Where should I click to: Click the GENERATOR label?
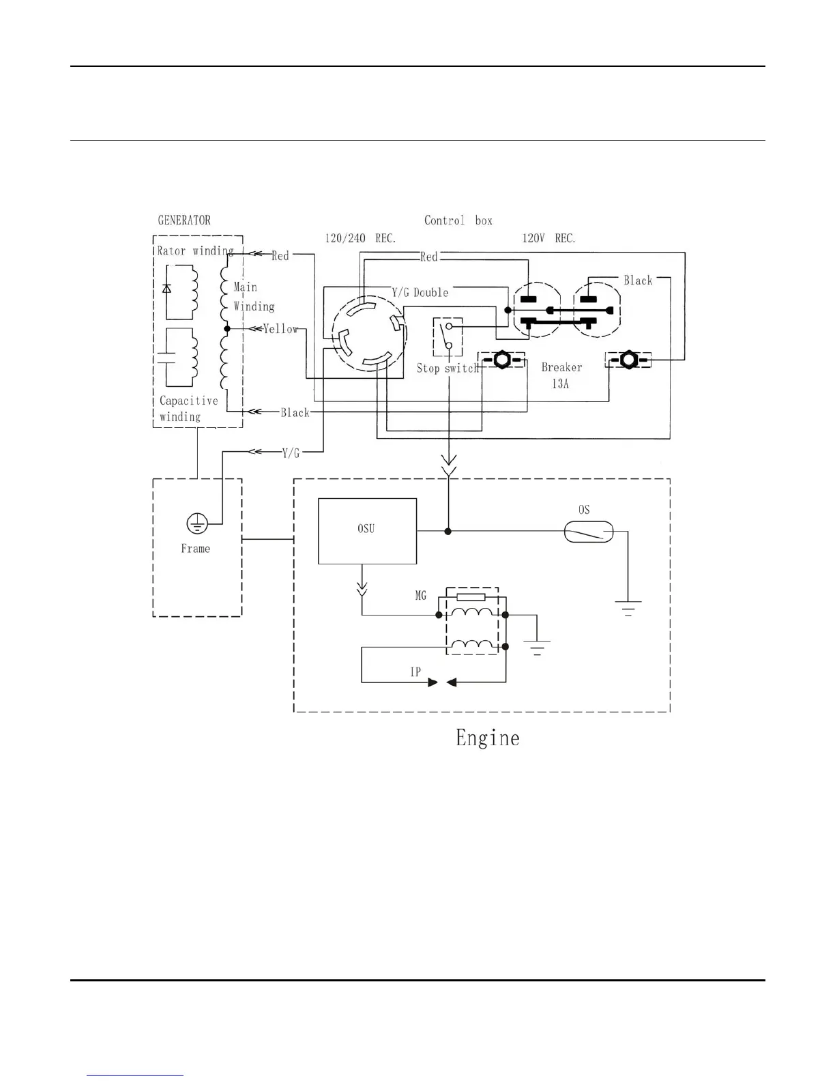(x=184, y=220)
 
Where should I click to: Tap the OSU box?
(x=367, y=531)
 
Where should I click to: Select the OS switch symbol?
(x=589, y=532)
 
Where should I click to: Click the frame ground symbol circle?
(x=197, y=524)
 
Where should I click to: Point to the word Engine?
(x=487, y=738)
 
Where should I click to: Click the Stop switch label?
(x=448, y=369)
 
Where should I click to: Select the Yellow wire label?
(x=281, y=329)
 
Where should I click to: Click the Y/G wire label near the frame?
(x=291, y=452)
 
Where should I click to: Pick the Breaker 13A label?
(x=561, y=375)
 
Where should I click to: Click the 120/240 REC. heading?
(x=360, y=239)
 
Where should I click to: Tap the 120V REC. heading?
(x=548, y=239)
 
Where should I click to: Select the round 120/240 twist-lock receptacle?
(x=369, y=334)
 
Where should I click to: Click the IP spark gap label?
(x=415, y=672)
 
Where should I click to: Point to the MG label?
(x=421, y=596)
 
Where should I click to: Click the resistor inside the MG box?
(x=471, y=597)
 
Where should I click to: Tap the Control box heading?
(x=458, y=220)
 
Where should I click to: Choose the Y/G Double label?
(x=420, y=293)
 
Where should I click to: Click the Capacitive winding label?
(x=188, y=409)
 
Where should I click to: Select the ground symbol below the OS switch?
(x=628, y=607)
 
